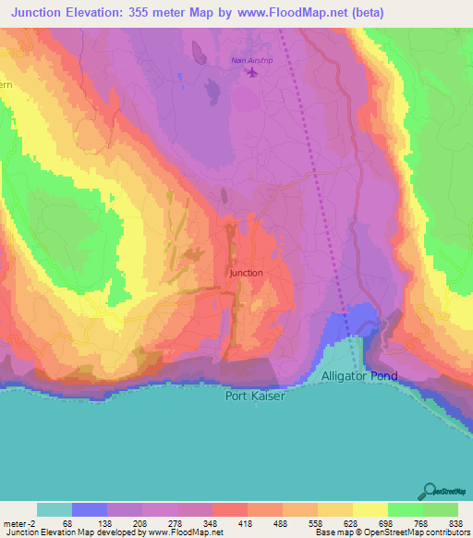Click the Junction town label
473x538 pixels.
[246, 273]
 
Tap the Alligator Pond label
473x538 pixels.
[360, 376]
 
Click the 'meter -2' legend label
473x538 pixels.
[20, 522]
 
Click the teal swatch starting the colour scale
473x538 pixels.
[54, 509]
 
